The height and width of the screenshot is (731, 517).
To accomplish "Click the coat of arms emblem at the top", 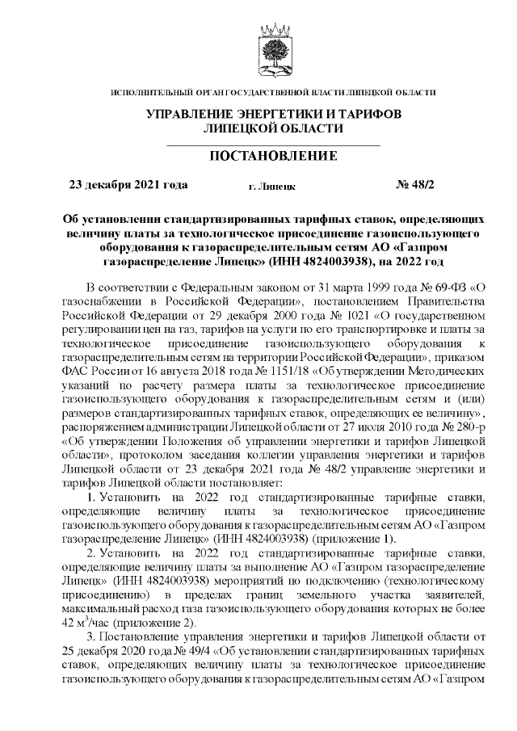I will [x=273, y=48].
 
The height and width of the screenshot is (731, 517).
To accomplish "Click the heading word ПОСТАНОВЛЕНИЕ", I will [x=273, y=155].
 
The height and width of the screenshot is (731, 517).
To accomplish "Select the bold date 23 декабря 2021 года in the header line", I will [x=128, y=185].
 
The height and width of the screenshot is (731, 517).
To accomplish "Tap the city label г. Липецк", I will [x=271, y=186].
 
